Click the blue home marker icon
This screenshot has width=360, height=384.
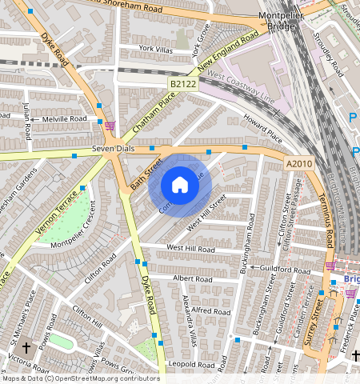point(180,186)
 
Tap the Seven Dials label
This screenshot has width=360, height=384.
point(110,149)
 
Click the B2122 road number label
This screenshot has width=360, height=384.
point(182,83)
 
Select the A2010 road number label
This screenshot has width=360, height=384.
point(299,163)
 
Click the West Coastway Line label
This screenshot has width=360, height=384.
point(241,89)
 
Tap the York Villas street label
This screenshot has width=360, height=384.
point(156,48)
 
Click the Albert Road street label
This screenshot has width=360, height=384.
point(192,278)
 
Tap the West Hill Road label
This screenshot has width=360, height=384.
point(190,249)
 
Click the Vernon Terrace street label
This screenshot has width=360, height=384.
point(57,211)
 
